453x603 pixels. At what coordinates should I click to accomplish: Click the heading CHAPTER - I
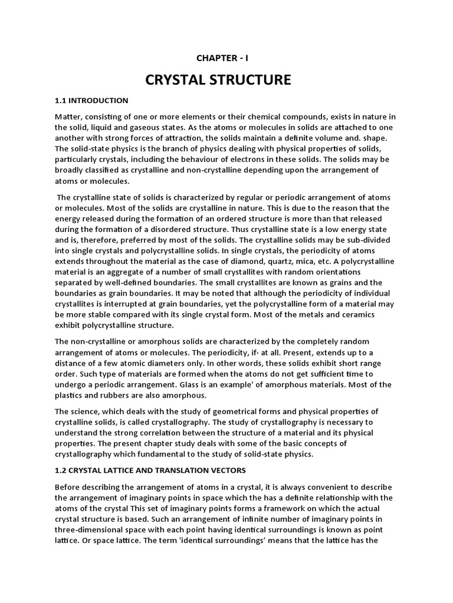click(226, 58)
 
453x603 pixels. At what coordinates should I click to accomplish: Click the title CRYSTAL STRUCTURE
click(226, 79)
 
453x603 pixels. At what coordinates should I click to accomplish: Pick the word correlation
click(163, 432)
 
